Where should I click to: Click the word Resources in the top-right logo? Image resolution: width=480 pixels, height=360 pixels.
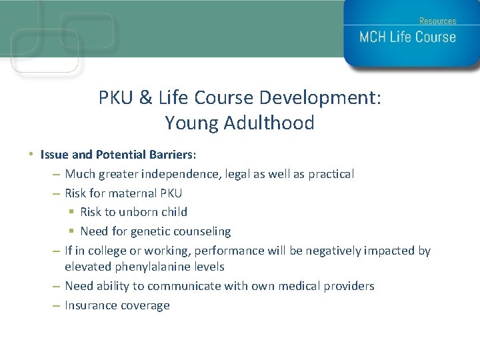(x=437, y=21)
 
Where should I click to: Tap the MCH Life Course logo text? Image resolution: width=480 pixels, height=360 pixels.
(x=407, y=37)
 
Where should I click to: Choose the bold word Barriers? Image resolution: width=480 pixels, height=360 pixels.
(x=169, y=155)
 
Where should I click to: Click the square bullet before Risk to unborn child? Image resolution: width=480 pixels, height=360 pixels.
(x=71, y=212)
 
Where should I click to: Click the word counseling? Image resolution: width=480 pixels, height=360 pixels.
(x=203, y=231)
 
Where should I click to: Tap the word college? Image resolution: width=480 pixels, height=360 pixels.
(x=107, y=251)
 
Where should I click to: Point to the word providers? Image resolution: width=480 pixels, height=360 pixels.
(x=349, y=286)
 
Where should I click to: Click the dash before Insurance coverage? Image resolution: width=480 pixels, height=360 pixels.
(x=55, y=305)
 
